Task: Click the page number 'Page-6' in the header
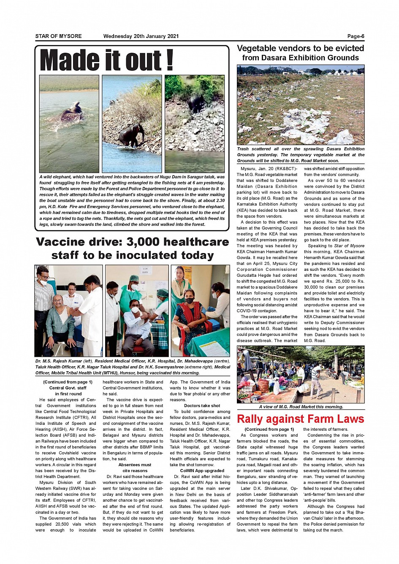pos(356,36)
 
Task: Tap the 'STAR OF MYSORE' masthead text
pos(58,36)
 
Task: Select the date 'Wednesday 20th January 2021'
pos(141,36)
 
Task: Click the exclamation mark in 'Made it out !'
pos(169,60)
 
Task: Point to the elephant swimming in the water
pos(71,113)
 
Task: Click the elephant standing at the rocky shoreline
pos(130,135)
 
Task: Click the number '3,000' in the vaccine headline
pos(143,242)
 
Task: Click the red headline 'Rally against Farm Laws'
pos(300,419)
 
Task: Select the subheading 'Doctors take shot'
pos(202,406)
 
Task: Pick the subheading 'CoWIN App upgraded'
pos(202,471)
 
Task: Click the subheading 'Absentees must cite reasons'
pos(135,467)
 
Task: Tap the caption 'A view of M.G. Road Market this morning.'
pos(301,407)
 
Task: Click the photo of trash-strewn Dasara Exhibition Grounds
pos(300,105)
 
